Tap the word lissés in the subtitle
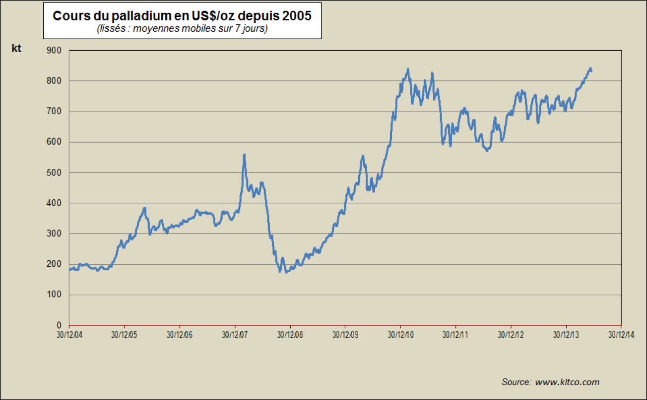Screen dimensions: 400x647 click(x=111, y=29)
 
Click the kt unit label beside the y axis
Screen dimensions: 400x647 click(x=16, y=48)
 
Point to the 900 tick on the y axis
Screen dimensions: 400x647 click(x=54, y=50)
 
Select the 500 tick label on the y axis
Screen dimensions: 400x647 click(x=54, y=172)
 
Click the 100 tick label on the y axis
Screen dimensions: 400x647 click(x=54, y=295)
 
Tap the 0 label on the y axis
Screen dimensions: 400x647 click(x=59, y=325)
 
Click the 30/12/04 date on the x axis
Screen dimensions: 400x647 click(x=69, y=334)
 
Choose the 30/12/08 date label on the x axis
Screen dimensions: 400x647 click(x=290, y=334)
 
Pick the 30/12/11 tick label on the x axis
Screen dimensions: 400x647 click(x=455, y=334)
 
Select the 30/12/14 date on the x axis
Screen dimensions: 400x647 click(x=621, y=334)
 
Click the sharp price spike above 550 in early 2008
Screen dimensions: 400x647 click(x=244, y=156)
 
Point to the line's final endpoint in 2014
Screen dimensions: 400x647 click(x=591, y=72)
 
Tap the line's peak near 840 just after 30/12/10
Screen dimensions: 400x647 click(x=408, y=70)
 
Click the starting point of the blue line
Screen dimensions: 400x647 click(x=70, y=270)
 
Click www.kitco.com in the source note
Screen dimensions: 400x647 click(x=567, y=382)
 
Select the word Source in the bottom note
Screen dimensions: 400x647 click(x=517, y=382)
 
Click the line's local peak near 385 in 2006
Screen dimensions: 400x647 click(x=144, y=208)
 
